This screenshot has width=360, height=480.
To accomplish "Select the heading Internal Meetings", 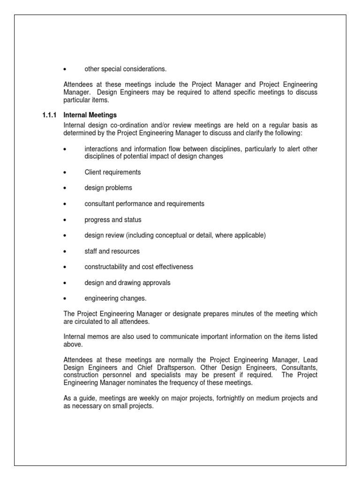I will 90,115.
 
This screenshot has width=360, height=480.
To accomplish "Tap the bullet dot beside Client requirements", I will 65,172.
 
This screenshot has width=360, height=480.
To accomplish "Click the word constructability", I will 106,267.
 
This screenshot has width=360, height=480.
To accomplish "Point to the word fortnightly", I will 219,398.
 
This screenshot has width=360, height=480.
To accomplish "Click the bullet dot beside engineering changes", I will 65,299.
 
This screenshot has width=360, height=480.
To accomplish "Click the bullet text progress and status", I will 112,220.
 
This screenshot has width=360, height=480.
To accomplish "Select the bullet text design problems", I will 108,188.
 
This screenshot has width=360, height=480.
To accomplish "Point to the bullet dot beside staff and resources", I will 65,251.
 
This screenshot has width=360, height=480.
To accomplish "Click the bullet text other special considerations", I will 125,69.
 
